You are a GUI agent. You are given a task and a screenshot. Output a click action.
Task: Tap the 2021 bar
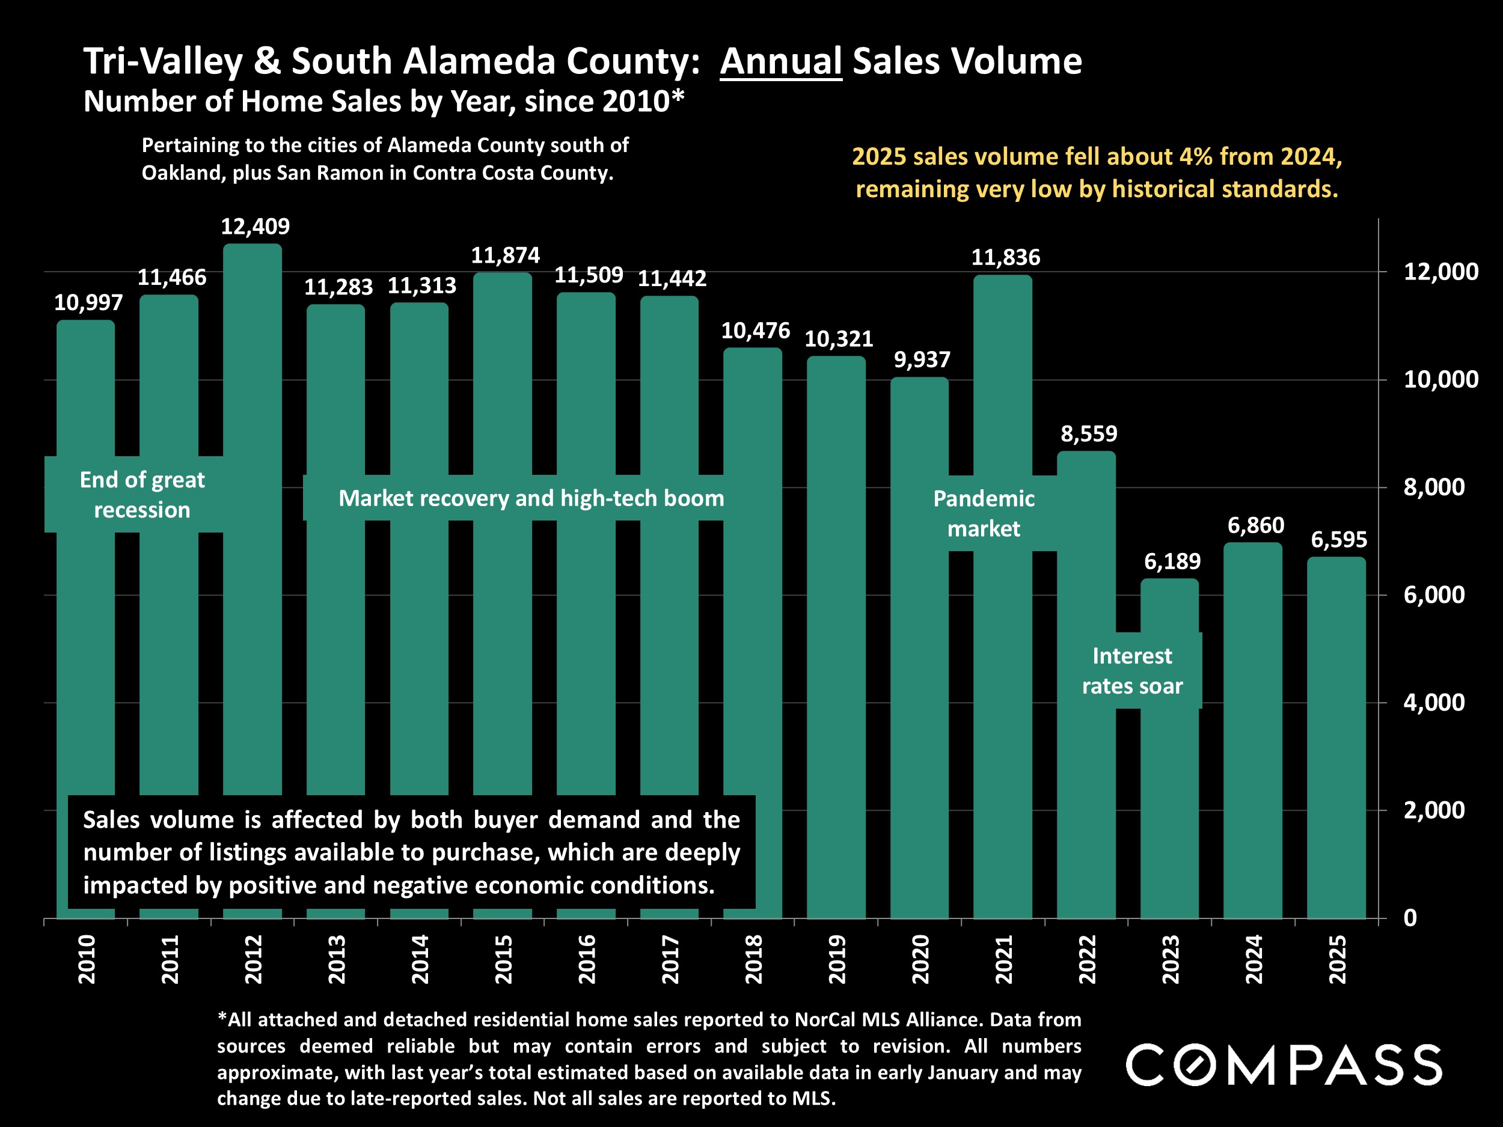click(1002, 679)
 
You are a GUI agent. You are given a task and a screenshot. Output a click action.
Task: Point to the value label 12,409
click(255, 226)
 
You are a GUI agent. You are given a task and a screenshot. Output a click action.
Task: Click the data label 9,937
click(922, 359)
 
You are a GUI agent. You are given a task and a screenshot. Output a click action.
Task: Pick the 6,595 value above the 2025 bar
click(1338, 540)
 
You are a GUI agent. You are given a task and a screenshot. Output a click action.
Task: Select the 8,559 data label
click(1089, 433)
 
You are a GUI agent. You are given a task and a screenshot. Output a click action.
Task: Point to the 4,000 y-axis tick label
click(1434, 703)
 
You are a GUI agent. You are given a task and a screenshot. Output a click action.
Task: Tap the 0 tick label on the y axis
click(1410, 918)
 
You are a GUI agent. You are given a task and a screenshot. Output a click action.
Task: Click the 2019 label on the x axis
click(837, 959)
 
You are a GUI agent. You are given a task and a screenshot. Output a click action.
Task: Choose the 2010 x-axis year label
click(87, 959)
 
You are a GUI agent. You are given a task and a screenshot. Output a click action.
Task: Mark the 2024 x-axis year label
click(1254, 959)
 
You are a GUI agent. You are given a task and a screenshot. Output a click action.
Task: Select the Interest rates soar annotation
click(1132, 671)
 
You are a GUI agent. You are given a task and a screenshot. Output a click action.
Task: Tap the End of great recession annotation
click(142, 495)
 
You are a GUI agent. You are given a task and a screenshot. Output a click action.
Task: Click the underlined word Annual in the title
click(781, 61)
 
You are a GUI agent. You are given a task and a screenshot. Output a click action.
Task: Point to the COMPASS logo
click(1284, 1065)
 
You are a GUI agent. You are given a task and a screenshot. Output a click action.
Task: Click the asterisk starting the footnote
click(221, 1018)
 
